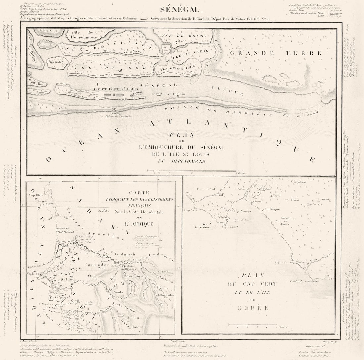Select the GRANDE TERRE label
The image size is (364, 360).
click(x=275, y=53)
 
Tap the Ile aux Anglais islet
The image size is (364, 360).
click(x=159, y=94)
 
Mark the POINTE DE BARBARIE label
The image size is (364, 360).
click(x=218, y=112)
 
